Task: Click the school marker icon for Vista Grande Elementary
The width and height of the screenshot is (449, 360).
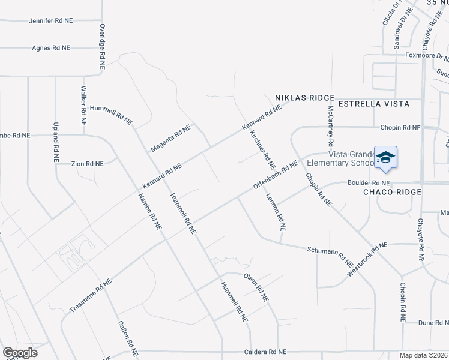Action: point(385,157)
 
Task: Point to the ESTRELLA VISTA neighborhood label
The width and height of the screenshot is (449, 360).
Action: point(374,104)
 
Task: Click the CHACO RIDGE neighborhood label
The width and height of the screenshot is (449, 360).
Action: point(392,192)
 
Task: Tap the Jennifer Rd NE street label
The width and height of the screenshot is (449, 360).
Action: point(51,20)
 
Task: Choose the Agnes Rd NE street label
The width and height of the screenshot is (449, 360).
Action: point(51,47)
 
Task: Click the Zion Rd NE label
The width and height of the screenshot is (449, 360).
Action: point(88,163)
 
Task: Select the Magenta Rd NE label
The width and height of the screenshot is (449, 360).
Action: point(170,138)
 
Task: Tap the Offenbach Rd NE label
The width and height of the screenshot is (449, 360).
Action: point(276,175)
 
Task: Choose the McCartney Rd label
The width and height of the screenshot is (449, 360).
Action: point(330,127)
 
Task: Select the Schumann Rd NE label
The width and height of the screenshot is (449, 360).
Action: point(330,256)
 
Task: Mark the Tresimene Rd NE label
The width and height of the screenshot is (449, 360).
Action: point(91,295)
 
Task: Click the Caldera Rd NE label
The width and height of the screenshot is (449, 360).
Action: point(265,352)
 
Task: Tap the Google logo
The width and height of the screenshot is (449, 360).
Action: point(20,352)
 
